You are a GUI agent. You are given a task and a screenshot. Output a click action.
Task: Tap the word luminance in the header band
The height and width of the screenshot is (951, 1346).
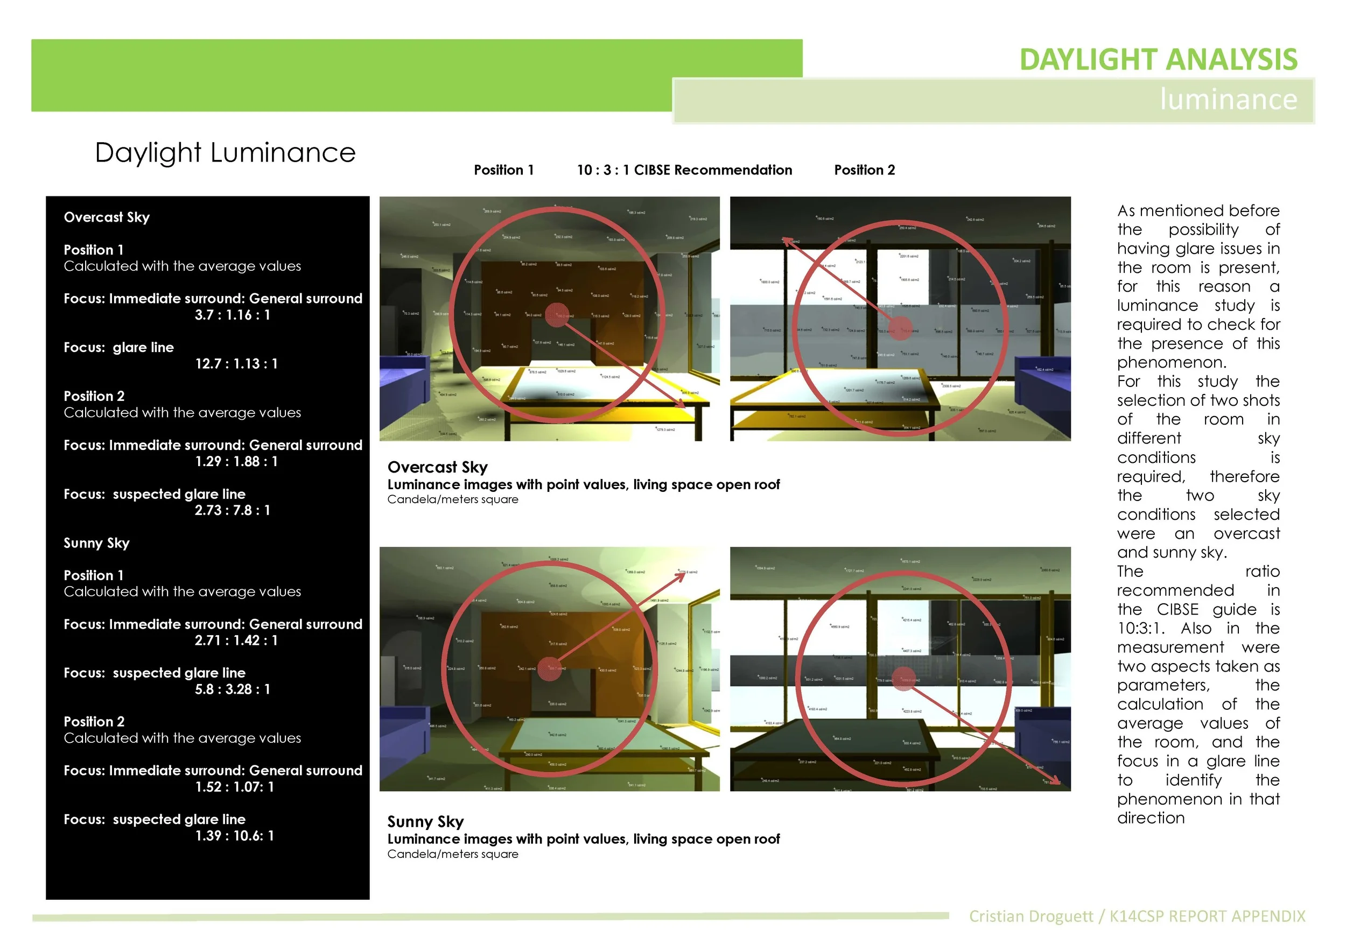1228,99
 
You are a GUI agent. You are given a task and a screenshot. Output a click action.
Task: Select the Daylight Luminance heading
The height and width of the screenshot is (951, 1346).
225,153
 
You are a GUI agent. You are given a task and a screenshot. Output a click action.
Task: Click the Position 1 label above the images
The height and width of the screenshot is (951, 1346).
503,170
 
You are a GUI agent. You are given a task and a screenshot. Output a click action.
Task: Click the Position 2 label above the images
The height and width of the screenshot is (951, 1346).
864,170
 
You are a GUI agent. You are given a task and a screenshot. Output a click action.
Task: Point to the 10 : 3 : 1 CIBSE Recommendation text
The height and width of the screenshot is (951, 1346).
684,170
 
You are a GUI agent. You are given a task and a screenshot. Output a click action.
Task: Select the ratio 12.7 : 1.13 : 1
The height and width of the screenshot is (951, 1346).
236,364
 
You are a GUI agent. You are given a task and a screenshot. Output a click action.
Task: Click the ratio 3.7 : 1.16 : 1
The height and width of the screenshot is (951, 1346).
232,315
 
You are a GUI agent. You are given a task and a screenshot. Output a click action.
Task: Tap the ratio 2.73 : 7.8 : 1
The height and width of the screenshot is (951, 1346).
232,510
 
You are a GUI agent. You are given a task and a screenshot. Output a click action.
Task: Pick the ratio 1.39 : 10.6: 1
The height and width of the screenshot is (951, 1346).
235,836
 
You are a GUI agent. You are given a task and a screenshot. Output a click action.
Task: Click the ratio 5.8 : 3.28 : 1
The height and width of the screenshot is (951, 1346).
232,689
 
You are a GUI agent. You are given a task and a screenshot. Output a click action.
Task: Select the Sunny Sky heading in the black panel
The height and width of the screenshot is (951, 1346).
96,543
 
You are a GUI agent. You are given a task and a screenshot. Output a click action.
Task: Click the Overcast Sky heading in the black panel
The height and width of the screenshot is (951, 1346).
106,217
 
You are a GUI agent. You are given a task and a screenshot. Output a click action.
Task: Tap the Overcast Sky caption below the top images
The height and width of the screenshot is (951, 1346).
437,468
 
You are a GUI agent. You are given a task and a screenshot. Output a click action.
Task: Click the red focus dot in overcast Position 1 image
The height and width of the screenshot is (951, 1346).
557,315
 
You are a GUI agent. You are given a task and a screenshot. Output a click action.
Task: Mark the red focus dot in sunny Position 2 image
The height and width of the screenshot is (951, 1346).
903,678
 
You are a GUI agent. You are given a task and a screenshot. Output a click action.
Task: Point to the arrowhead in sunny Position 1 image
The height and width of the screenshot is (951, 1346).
682,575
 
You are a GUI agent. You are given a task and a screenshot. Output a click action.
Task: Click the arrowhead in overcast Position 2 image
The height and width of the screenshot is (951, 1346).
787,240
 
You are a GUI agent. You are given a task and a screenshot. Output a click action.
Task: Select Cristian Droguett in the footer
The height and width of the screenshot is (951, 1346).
1030,917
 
